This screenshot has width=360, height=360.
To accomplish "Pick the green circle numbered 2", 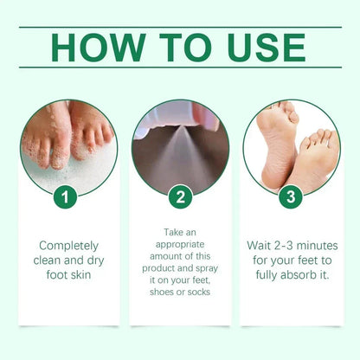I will coord(179,196).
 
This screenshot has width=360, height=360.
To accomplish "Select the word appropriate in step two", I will coord(179,245).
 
